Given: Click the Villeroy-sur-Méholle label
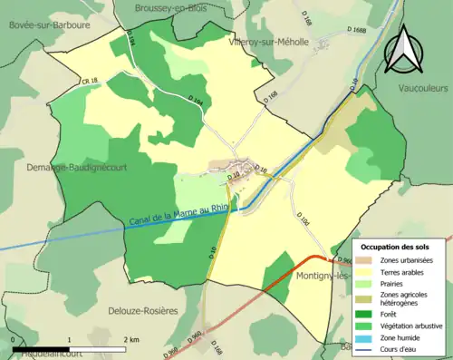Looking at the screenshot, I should click(x=270, y=42).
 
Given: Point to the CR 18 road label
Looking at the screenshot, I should click(x=64, y=82).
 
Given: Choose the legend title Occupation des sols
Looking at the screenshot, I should click(x=395, y=247).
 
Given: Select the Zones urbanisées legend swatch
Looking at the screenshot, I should click(x=367, y=260).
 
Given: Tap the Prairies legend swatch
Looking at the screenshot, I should click(x=367, y=282).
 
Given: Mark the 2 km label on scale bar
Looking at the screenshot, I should click(x=131, y=339).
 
